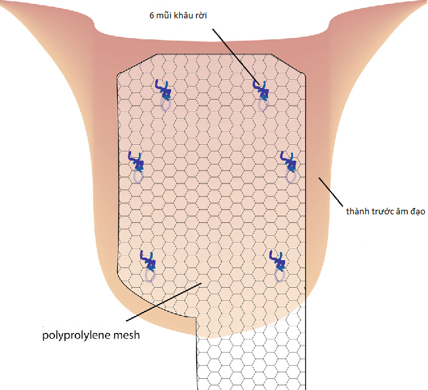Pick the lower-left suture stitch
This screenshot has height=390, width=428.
point(149,262)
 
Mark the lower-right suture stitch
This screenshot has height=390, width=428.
point(279,262)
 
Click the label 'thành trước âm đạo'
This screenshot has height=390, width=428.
point(386,212)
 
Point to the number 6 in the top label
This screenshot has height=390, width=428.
point(152,15)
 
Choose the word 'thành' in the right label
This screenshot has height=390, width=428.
point(357,212)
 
